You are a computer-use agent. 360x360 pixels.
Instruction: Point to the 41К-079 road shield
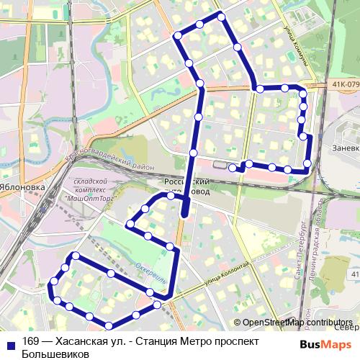[x=345, y=84]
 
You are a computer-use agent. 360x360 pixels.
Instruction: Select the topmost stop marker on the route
[x=221, y=17]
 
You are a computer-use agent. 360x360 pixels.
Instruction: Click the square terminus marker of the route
[x=233, y=168]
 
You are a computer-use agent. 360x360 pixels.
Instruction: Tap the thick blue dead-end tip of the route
[x=185, y=212]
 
